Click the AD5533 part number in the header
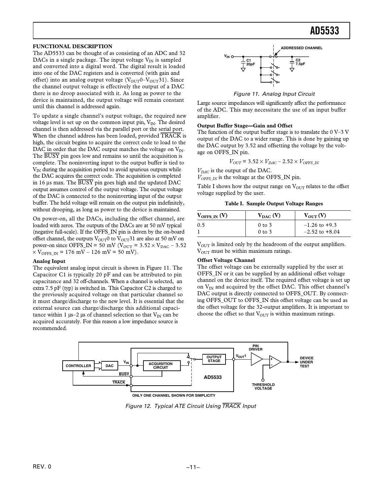(x=324, y=31)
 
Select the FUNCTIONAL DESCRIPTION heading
(x=72, y=47)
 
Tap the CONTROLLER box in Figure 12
(x=78, y=366)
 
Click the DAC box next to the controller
(x=109, y=366)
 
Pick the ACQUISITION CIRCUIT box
(x=161, y=366)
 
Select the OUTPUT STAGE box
(x=214, y=359)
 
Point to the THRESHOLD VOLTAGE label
(x=263, y=387)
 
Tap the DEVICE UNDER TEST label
(x=306, y=362)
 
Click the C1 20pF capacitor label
(x=250, y=62)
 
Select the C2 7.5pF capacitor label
(x=300, y=62)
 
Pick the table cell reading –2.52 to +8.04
(x=322, y=232)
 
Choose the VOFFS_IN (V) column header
(x=212, y=216)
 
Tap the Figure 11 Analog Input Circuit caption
(x=274, y=94)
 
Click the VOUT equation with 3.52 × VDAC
(x=274, y=162)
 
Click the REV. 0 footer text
(x=42, y=467)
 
